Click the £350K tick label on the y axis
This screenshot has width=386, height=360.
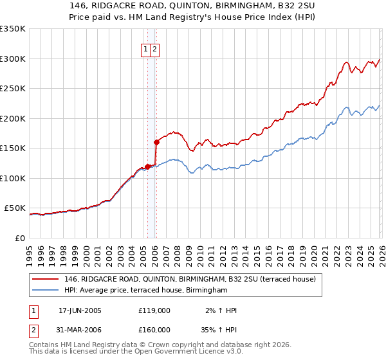click(x=12, y=29)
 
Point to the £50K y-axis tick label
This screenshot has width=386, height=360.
click(x=15, y=208)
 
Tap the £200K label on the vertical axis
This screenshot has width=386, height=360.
click(x=12, y=118)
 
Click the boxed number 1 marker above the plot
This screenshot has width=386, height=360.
click(x=146, y=50)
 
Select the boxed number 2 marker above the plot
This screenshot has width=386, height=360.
click(x=156, y=50)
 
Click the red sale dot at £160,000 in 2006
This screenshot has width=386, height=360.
click(x=156, y=142)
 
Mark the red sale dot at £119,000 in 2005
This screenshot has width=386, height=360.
click(x=147, y=166)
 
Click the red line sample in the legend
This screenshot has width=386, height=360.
click(x=44, y=280)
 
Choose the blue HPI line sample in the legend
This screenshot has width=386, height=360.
click(x=44, y=291)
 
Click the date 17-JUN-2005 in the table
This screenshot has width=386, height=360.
click(x=80, y=310)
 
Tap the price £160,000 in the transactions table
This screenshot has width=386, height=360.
click(x=154, y=330)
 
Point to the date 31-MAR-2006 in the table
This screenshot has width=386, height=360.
click(x=80, y=330)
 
